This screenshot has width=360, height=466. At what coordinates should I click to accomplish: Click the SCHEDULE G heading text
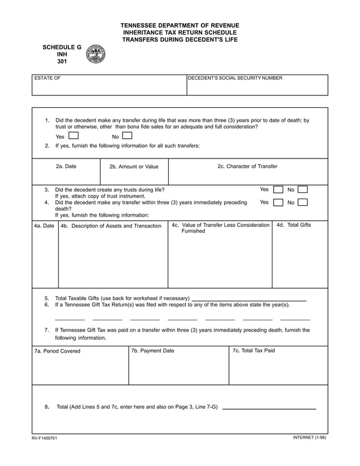click(62, 47)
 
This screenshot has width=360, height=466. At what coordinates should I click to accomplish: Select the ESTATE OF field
click(109, 85)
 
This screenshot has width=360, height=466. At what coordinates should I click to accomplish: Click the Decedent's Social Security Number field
click(257, 85)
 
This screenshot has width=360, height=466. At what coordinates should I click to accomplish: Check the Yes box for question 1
click(73, 136)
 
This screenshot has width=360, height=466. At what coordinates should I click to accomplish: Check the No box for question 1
click(128, 136)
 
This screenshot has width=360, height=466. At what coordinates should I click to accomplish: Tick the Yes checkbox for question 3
click(278, 190)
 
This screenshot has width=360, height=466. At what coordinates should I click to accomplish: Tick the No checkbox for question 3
click(302, 190)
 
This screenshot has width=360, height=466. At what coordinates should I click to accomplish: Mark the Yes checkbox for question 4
click(278, 203)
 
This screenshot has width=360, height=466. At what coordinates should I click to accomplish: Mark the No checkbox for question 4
click(302, 203)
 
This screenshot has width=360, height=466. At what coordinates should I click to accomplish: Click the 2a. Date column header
click(66, 167)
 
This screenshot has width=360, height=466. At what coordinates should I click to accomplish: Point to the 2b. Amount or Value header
click(134, 167)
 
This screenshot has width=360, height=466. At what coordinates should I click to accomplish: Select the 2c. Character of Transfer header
click(247, 166)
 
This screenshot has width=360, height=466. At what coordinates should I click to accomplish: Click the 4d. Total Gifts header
click(293, 225)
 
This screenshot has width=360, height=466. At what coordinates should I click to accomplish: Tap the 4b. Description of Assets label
click(111, 226)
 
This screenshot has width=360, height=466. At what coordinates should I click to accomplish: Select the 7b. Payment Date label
click(152, 351)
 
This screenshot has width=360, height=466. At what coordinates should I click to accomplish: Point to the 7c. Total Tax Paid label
click(254, 351)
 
